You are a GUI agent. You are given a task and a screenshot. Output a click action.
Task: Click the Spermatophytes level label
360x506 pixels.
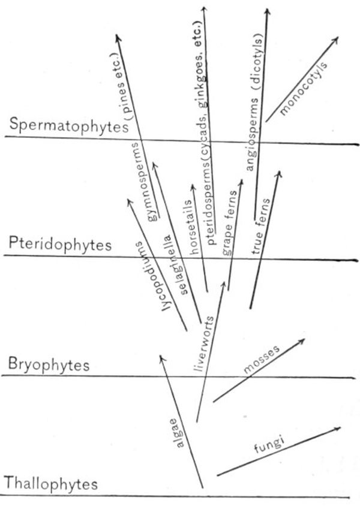[64, 126]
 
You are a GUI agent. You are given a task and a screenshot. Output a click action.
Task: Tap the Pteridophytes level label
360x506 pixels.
[60, 244]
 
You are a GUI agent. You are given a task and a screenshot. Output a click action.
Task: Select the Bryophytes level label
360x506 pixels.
[49, 364]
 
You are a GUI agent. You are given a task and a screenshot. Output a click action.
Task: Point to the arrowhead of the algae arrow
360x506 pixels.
[160, 356]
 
